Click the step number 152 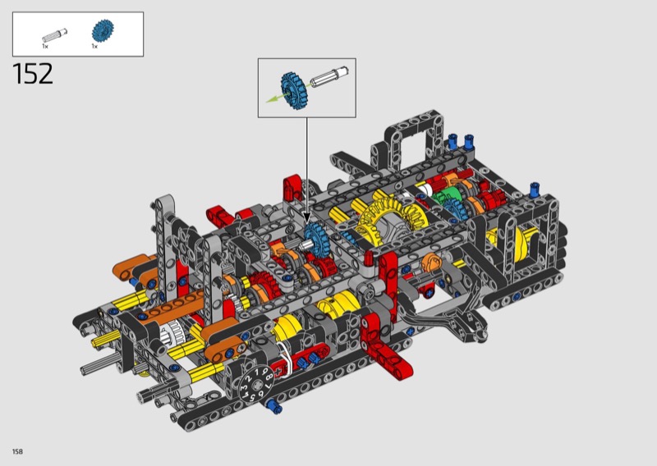coord(33,74)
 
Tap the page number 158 coord(17,451)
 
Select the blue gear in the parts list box coord(103,30)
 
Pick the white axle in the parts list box coord(54,35)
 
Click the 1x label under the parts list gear coord(94,46)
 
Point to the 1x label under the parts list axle coord(45,46)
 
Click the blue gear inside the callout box coord(294,91)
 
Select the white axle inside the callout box coord(329,77)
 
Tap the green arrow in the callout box coord(278,97)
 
